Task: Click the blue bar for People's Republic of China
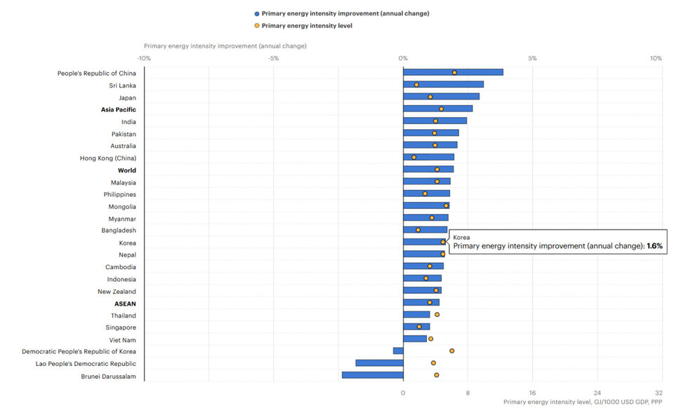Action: (x=453, y=72)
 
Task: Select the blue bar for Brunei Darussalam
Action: (x=373, y=375)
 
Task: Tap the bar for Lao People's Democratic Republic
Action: (x=380, y=363)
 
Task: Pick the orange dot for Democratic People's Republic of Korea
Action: (x=451, y=351)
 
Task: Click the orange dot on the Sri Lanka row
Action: (x=416, y=85)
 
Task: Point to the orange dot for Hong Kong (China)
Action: (x=414, y=157)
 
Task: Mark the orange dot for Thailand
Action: (x=437, y=315)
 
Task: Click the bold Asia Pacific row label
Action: (x=119, y=110)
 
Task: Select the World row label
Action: (x=127, y=170)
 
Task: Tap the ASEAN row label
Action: (x=125, y=304)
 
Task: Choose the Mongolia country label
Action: (x=122, y=207)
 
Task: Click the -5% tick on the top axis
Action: (x=273, y=58)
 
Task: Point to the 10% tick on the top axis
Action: (x=656, y=58)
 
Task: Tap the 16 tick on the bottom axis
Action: (x=532, y=393)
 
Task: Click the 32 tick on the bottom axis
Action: (x=659, y=393)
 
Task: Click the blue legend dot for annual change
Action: (x=257, y=14)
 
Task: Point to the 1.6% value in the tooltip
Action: (x=654, y=246)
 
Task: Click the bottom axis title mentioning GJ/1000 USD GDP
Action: (x=583, y=402)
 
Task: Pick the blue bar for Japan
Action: (x=442, y=96)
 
